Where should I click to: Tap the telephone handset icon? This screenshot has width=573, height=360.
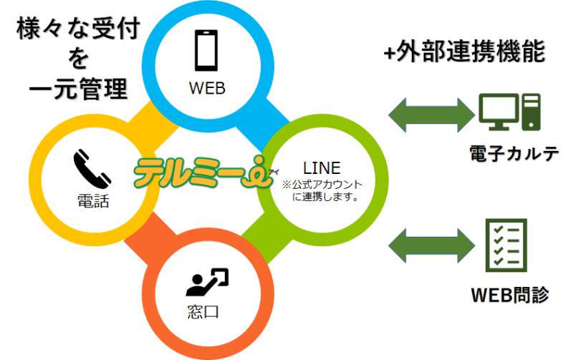(x=92, y=169)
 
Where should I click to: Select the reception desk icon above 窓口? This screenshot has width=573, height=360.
(x=207, y=283)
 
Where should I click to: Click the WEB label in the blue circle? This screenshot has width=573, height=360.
(x=207, y=89)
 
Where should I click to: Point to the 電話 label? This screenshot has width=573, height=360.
(x=92, y=202)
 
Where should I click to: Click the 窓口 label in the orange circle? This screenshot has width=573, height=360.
(x=207, y=313)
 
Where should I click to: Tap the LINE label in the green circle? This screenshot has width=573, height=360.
(x=322, y=170)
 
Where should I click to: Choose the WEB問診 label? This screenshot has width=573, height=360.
(x=510, y=294)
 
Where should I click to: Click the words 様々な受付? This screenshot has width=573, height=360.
(x=78, y=29)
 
